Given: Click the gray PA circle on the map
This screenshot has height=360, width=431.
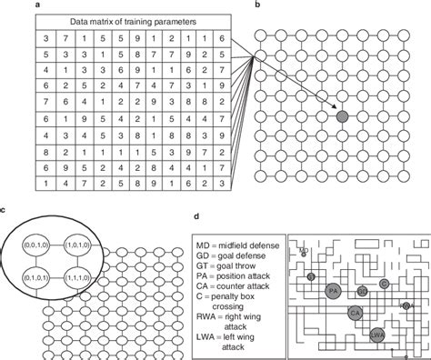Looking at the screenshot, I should click(335, 289).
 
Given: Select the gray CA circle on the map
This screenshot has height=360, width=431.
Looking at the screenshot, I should click(356, 313).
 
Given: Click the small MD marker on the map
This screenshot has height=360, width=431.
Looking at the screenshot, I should click(304, 250).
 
